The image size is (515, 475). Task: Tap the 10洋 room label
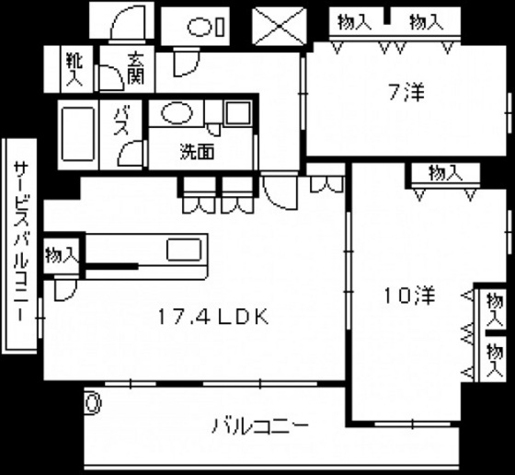click(x=408, y=295)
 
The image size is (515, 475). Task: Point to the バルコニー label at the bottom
click(x=260, y=426)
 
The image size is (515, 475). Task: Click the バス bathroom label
click(x=120, y=123)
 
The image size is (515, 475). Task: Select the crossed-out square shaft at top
click(x=280, y=25)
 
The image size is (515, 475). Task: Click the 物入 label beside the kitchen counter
click(x=61, y=254)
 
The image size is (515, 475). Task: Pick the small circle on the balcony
click(x=92, y=402)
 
